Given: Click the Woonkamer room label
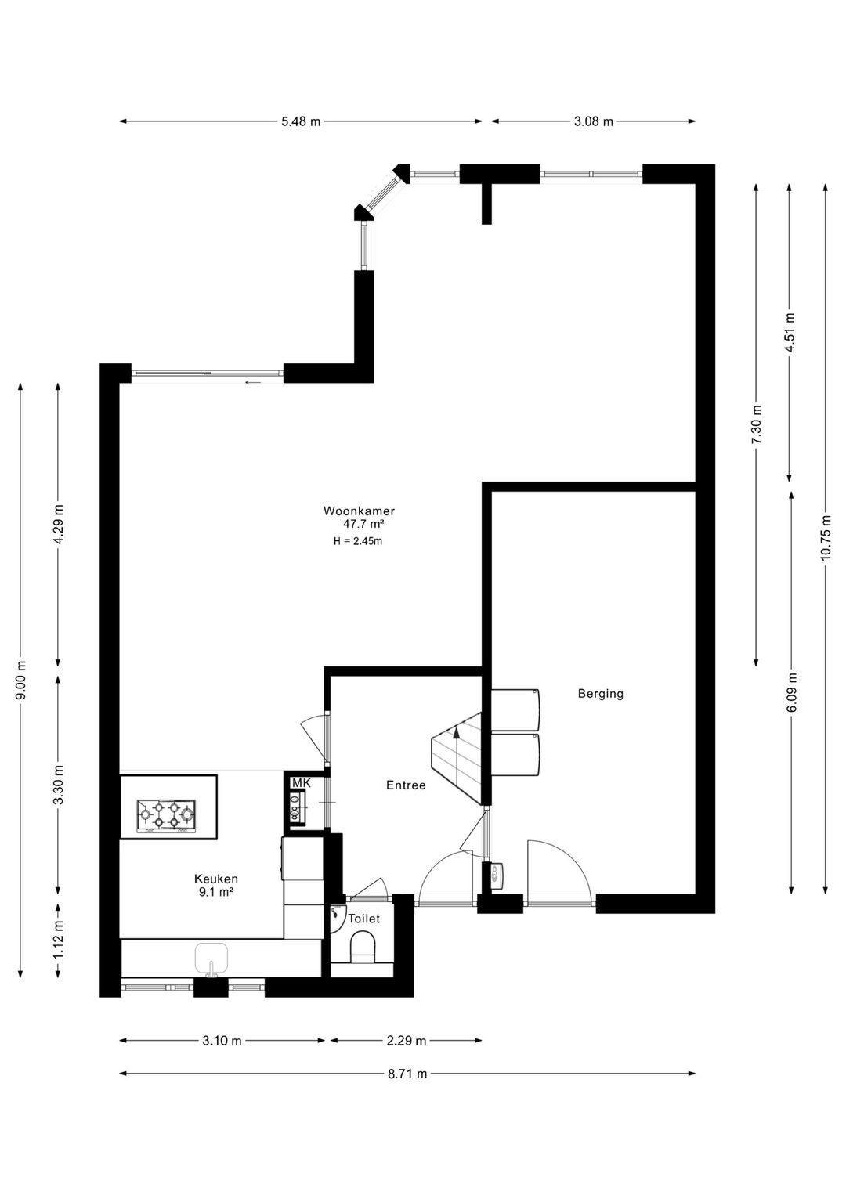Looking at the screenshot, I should (x=359, y=511).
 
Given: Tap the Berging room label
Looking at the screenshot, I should (x=600, y=693).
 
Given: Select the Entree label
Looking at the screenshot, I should (x=406, y=785).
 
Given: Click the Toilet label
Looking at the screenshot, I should (x=363, y=919).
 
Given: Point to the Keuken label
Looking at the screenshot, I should (x=215, y=879).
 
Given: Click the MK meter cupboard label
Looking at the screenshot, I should (x=301, y=783).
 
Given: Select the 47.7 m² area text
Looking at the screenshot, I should (x=363, y=525).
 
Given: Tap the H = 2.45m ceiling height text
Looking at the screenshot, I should (x=357, y=540).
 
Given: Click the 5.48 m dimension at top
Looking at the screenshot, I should (x=301, y=121).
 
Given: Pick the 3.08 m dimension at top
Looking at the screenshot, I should (x=593, y=121).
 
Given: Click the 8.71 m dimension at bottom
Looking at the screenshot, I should (x=407, y=1074).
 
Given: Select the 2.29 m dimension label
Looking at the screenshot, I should (x=407, y=1041).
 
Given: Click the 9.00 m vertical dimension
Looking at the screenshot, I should (x=21, y=679).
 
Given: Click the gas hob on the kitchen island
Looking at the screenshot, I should (x=165, y=815).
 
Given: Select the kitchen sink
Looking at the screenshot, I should (x=211, y=959).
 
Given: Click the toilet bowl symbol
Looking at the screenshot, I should (x=363, y=948).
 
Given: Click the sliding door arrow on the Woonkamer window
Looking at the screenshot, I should (x=252, y=382).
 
